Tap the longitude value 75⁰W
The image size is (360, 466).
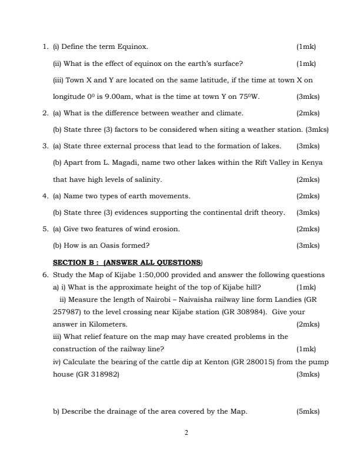(249, 96)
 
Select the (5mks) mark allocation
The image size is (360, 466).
(308, 411)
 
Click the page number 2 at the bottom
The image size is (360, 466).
(186, 434)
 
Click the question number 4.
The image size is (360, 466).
(45, 196)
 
